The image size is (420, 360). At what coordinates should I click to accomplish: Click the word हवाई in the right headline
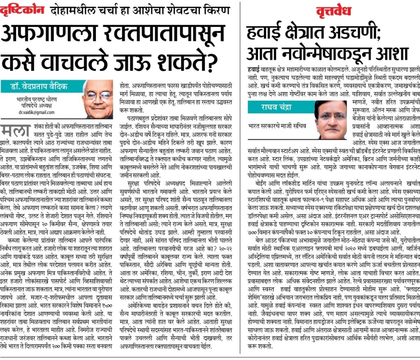265,33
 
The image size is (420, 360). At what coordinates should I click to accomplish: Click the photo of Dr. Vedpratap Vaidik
97,99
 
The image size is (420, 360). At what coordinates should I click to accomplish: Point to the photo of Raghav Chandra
330,119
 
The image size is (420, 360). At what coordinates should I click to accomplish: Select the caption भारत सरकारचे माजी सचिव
277,125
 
